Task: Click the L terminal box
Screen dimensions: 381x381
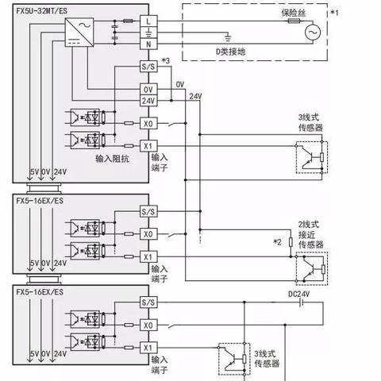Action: pos(148,21)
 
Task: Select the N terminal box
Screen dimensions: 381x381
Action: pos(148,44)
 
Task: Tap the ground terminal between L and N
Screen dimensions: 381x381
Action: pos(148,33)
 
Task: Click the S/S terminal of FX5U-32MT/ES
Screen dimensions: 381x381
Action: pos(148,67)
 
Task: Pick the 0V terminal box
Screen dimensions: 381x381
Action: pos(148,90)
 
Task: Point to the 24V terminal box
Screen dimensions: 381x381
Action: pos(148,101)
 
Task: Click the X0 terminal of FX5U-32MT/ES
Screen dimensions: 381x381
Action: pos(148,123)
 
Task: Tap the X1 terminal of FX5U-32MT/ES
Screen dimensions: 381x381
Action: pos(148,146)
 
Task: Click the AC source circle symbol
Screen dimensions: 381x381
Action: pos(313,33)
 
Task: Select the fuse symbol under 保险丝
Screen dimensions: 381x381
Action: pos(294,21)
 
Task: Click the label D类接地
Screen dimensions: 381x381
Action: pos(231,52)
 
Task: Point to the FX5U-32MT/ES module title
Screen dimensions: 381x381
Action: pos(42,11)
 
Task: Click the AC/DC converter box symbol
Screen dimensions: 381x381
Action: pos(79,33)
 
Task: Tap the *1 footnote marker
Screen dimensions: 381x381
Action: pos(334,13)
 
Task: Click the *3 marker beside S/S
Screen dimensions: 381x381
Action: pos(166,61)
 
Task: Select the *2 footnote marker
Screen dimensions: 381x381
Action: pos(277,242)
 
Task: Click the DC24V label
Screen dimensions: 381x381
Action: pos(298,294)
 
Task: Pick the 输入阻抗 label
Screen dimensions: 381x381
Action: pos(112,159)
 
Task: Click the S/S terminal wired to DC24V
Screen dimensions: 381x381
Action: pos(148,302)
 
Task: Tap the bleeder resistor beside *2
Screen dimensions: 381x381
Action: pos(291,242)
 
